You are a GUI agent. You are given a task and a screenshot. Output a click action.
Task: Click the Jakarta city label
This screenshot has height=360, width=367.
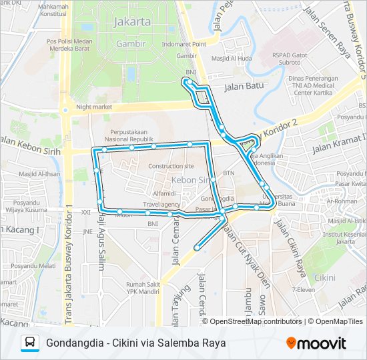tap(133, 21)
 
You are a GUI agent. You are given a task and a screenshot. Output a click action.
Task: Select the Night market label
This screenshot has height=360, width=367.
tap(93, 106)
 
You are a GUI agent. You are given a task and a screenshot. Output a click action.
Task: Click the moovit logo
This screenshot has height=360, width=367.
tap(316, 343)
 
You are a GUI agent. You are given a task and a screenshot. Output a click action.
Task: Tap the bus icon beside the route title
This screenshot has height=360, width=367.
tap(30, 343)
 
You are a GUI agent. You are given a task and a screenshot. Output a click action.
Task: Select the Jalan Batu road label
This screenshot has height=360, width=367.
tap(244, 86)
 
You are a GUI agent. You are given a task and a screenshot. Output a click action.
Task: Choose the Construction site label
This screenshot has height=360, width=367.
tap(171, 166)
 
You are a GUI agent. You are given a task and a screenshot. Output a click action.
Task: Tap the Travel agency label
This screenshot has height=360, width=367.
tap(161, 204)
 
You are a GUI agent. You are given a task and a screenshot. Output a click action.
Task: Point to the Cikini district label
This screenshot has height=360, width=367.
tap(325, 277)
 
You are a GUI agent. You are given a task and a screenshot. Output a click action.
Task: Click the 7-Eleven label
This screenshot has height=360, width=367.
tap(304, 290)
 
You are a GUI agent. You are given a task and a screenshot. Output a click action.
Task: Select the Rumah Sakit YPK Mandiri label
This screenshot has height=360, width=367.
tap(142, 288)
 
